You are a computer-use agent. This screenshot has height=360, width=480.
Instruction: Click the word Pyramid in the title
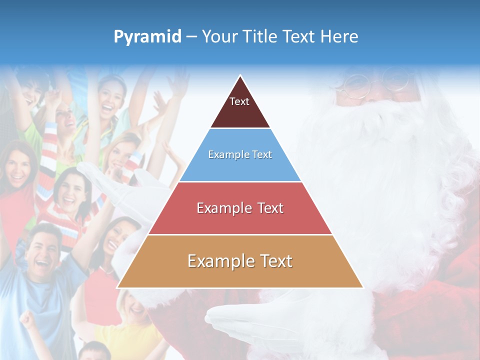tap(147, 37)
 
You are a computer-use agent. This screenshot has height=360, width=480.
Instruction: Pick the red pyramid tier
tap(240, 220)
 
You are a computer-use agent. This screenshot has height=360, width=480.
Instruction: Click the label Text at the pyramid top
tap(239, 101)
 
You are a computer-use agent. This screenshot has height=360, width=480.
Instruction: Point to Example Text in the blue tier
tap(240, 154)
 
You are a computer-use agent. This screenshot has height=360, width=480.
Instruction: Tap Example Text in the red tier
tap(240, 208)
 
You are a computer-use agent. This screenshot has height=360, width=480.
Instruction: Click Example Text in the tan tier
tap(240, 261)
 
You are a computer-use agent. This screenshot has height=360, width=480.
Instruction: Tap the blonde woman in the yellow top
tap(132, 312)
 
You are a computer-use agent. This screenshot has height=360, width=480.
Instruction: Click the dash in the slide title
tap(191, 37)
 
